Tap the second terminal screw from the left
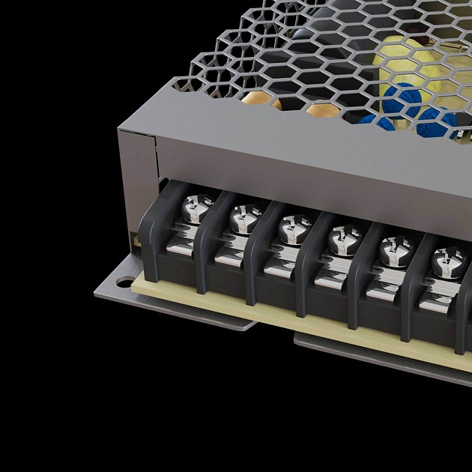[x=243, y=218]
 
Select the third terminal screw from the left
[x=292, y=229]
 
